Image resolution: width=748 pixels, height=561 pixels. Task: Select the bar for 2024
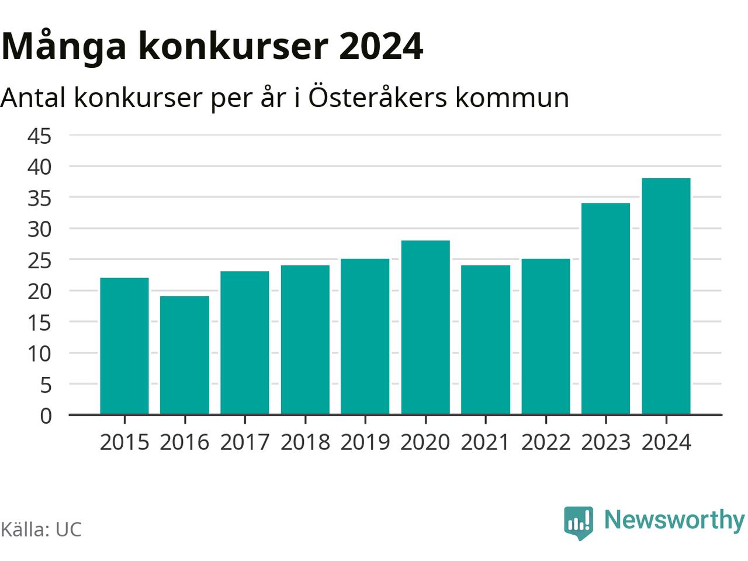pyautogui.click(x=666, y=296)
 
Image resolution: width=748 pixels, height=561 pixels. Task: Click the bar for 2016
pyautogui.click(x=185, y=355)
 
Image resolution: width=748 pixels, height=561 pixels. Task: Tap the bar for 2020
pyautogui.click(x=425, y=327)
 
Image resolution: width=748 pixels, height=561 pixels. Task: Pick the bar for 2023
pyautogui.click(x=605, y=309)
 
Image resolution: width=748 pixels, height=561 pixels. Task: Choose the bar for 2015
pyautogui.click(x=124, y=346)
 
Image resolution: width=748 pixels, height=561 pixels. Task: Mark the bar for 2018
pyautogui.click(x=305, y=340)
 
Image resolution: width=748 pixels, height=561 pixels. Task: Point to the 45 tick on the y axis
pyautogui.click(x=40, y=136)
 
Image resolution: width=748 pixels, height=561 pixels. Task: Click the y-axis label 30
pyautogui.click(x=40, y=229)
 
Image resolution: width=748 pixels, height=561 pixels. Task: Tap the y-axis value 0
pyautogui.click(x=46, y=415)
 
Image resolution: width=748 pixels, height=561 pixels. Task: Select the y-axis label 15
pyautogui.click(x=40, y=323)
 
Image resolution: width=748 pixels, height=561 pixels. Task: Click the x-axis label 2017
pyautogui.click(x=245, y=442)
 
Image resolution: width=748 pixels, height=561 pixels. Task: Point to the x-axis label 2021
pyautogui.click(x=485, y=442)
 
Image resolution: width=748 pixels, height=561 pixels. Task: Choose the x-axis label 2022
pyautogui.click(x=545, y=442)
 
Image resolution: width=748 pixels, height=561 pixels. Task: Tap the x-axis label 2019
pyautogui.click(x=365, y=442)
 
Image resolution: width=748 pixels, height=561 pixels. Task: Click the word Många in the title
pyautogui.click(x=64, y=47)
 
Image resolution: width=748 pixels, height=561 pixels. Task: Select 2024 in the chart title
pyautogui.click(x=380, y=47)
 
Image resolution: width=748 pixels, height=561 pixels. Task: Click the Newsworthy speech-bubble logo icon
pyautogui.click(x=579, y=521)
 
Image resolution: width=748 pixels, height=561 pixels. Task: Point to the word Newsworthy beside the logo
pyautogui.click(x=674, y=520)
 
